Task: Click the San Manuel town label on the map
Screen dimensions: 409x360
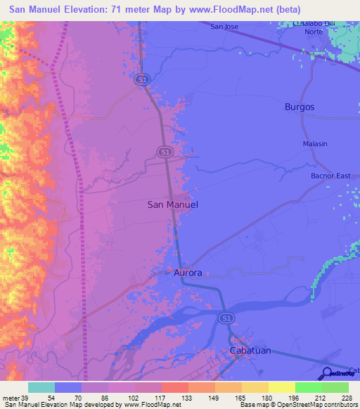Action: click(x=173, y=204)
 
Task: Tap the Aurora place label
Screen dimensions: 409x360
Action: click(x=188, y=273)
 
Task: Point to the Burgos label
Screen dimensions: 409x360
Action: click(x=300, y=107)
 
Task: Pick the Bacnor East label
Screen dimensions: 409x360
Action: click(x=330, y=176)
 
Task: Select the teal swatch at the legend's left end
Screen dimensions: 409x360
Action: click(x=41, y=387)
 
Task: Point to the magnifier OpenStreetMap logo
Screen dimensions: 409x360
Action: click(x=328, y=374)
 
